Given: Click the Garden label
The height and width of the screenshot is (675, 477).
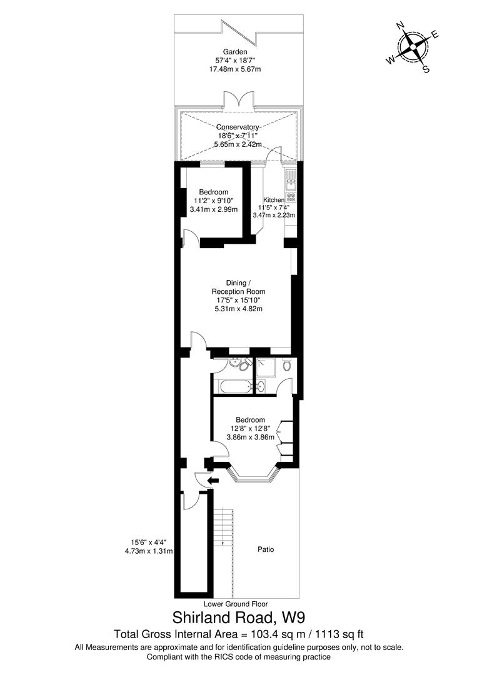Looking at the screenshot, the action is [234, 52].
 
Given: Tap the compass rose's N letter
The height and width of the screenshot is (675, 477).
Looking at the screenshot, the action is [399, 26].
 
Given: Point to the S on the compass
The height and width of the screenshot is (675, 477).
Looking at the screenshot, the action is [426, 69].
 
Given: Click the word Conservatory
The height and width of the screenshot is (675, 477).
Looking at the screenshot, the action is [238, 127].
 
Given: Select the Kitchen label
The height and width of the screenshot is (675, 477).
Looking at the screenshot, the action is [274, 200].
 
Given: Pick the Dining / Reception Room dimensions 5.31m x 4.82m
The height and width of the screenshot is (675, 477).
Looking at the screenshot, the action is [239, 309].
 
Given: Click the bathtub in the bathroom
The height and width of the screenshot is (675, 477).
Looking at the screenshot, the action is [235, 386].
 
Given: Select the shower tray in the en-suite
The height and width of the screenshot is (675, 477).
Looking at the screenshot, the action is [266, 367].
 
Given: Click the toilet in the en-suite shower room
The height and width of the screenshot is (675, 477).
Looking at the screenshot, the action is [287, 365].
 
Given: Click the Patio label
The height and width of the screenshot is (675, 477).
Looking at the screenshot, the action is [266, 549].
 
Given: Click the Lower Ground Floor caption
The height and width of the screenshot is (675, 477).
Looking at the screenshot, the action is [236, 604].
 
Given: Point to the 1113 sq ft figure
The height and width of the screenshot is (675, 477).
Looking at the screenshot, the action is [340, 634].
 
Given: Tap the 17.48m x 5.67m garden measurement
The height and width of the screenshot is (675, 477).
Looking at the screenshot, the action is [235, 69].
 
